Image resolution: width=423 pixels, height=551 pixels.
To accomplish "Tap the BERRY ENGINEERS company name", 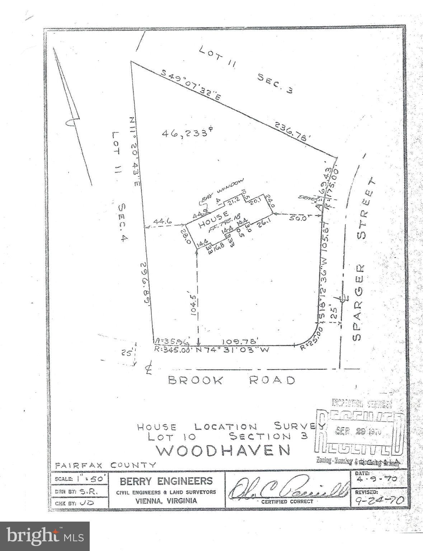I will (x=166, y=481).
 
